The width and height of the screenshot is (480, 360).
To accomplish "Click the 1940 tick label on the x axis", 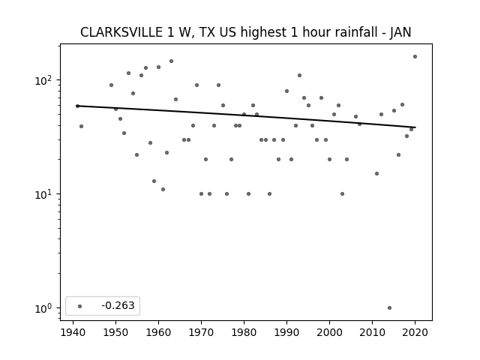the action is (x=73, y=332).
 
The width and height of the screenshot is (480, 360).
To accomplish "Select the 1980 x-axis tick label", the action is (x=244, y=332).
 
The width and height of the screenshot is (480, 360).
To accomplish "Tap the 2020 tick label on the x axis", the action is (x=415, y=332).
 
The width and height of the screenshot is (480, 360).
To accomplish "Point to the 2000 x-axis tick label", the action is (x=329, y=332).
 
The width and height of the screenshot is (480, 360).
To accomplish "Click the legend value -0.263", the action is (x=118, y=305).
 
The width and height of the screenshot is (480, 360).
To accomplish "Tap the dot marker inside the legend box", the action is (x=80, y=306).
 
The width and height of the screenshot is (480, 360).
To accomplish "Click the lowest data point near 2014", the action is (x=389, y=308).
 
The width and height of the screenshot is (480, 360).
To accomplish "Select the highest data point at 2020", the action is (x=415, y=57).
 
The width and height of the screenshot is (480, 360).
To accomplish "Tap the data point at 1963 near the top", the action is (x=172, y=61).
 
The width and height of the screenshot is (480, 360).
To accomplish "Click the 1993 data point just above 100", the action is (x=300, y=75).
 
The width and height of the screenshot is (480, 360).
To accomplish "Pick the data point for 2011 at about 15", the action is (x=376, y=173).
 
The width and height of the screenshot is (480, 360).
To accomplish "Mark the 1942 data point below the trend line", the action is (x=81, y=127).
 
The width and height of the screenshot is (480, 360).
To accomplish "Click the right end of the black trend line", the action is (x=415, y=127).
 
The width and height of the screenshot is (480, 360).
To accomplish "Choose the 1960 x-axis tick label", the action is (x=158, y=332).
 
